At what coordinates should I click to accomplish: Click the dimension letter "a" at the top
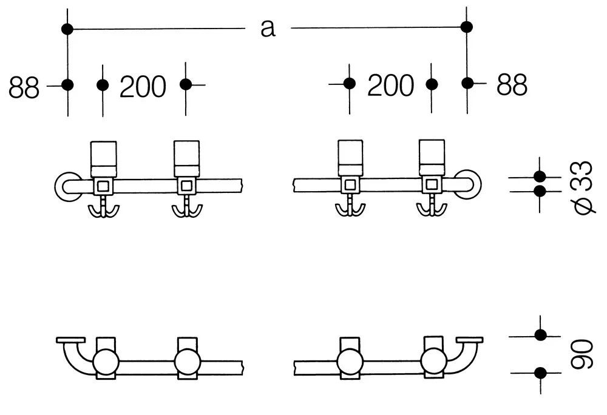(x=268, y=29)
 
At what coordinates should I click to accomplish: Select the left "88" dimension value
(x=24, y=87)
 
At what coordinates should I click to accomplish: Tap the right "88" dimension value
(x=512, y=85)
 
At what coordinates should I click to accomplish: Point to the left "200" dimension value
(x=143, y=86)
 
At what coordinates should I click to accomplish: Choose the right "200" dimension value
(x=390, y=85)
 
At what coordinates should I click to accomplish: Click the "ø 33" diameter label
(x=583, y=187)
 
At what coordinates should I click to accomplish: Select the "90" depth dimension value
(x=582, y=354)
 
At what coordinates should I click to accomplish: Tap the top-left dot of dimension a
(x=67, y=29)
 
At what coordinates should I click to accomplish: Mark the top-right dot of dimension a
(x=466, y=27)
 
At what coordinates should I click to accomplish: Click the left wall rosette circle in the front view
(x=58, y=187)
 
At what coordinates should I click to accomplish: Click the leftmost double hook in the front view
(x=103, y=209)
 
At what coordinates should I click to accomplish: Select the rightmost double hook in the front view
(x=432, y=207)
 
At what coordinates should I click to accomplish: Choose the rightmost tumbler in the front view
(x=432, y=157)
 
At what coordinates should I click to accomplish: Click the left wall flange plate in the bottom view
(x=70, y=340)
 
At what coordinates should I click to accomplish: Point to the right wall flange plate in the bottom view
(x=469, y=340)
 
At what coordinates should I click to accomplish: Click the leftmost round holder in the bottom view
(x=106, y=362)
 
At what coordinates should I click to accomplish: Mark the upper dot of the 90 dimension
(x=540, y=335)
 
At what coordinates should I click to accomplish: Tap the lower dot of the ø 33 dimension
(x=540, y=191)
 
